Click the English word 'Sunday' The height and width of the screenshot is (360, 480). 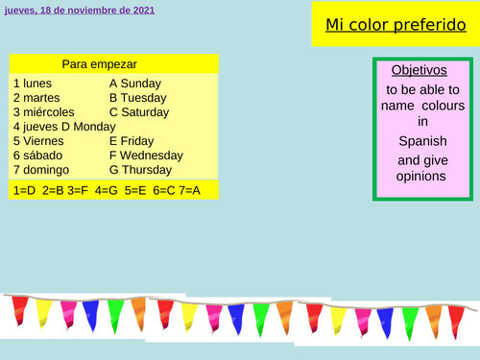pyautogui.click(x=141, y=84)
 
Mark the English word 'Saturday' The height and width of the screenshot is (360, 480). pyautogui.click(x=146, y=111)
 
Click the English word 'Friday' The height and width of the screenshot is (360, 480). pyautogui.click(x=138, y=140)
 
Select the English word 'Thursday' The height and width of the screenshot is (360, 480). pyautogui.click(x=148, y=169)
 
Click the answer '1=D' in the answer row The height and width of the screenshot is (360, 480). pyautogui.click(x=25, y=190)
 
